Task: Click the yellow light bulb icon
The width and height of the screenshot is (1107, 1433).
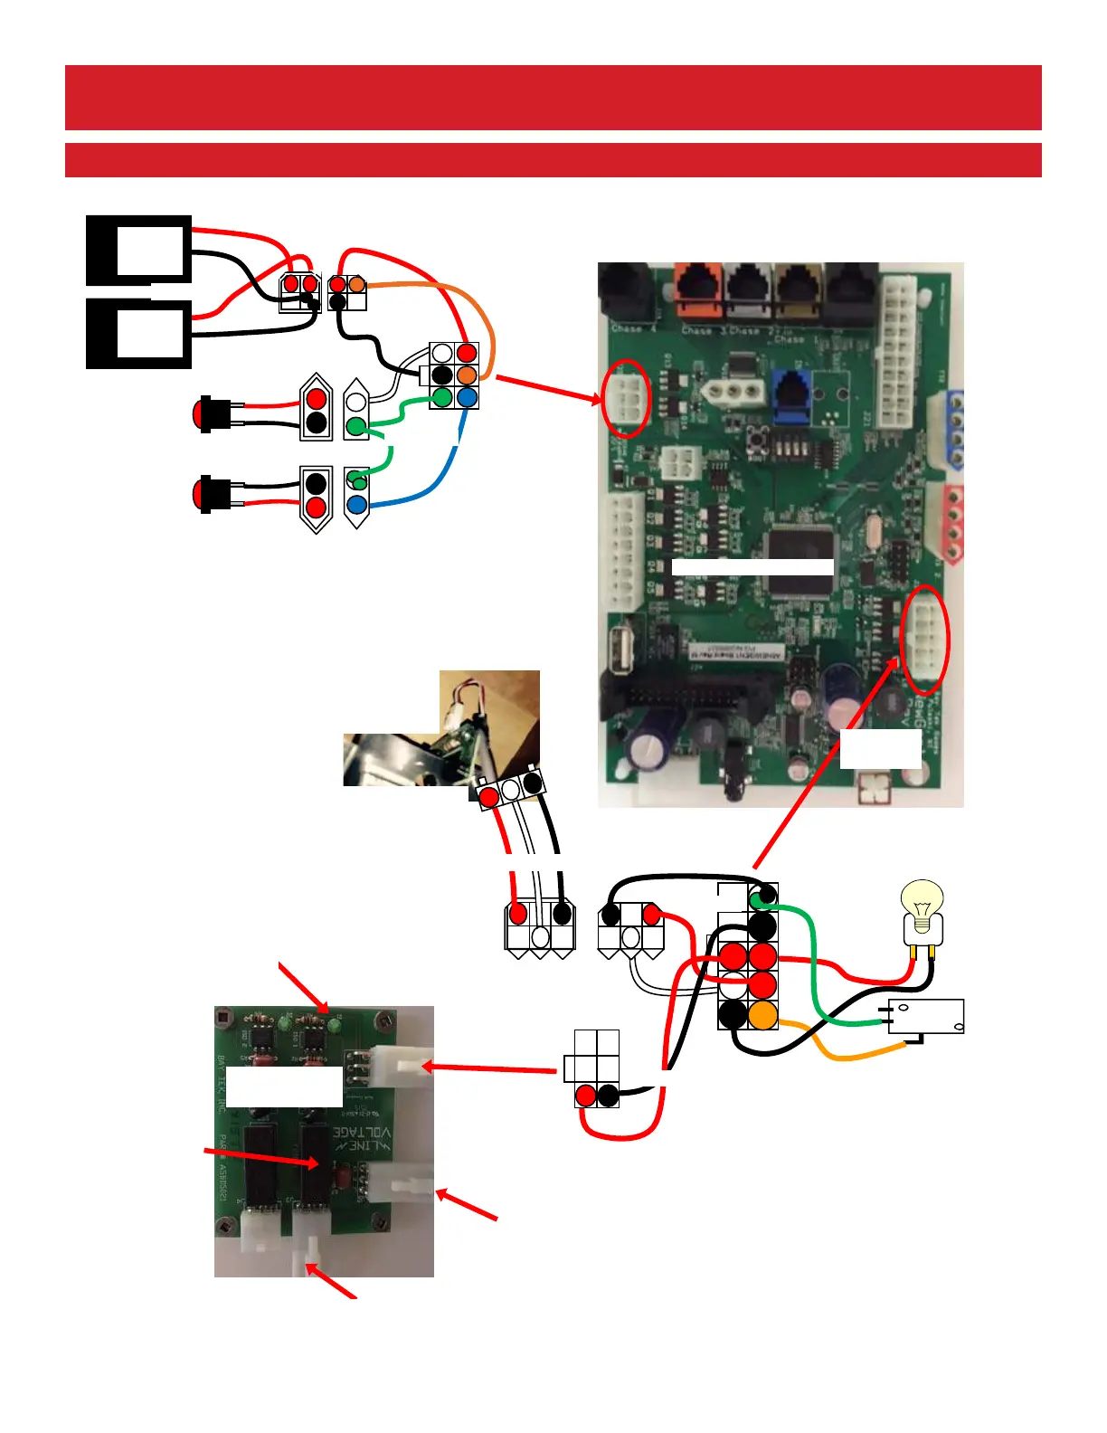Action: tap(922, 906)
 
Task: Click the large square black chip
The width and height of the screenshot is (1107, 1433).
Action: tap(799, 561)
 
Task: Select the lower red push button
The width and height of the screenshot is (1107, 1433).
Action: tap(205, 495)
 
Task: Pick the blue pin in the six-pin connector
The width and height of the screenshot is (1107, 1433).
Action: tap(467, 397)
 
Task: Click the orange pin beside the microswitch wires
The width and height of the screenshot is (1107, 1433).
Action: tap(763, 1015)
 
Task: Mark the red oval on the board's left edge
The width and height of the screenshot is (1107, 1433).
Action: tap(626, 398)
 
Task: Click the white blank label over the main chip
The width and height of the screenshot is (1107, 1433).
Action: tap(752, 567)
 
